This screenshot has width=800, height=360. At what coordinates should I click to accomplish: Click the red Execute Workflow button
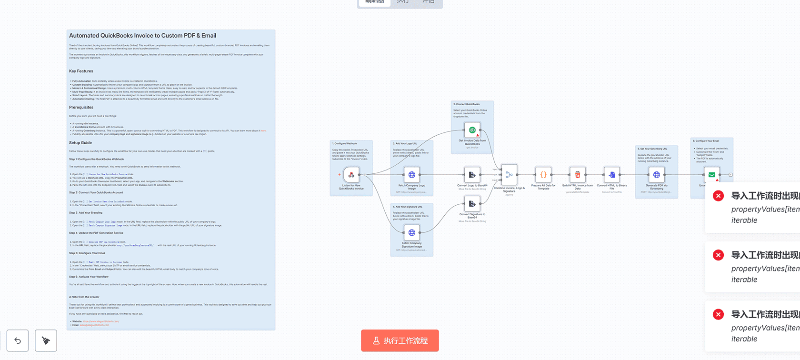click(x=400, y=340)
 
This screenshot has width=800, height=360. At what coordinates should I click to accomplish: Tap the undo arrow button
click(x=18, y=340)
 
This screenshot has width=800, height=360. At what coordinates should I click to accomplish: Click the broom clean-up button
click(x=46, y=340)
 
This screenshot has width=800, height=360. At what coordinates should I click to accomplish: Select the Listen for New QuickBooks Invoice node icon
click(x=351, y=175)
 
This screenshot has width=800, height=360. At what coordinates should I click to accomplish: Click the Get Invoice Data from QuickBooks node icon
click(x=472, y=130)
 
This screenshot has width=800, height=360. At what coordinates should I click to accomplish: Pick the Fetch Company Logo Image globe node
click(x=412, y=175)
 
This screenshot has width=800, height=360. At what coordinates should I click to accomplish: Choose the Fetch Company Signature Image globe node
click(x=412, y=233)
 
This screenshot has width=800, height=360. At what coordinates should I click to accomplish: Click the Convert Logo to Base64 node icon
click(x=472, y=175)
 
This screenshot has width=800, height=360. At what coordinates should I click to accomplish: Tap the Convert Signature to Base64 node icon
click(x=472, y=204)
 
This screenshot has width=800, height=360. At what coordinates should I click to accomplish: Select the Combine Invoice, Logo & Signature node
click(x=509, y=175)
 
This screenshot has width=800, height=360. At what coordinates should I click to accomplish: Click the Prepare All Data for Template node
click(x=543, y=175)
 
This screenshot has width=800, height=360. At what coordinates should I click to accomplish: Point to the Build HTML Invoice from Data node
click(x=578, y=175)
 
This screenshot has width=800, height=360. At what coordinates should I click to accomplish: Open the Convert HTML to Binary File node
click(x=612, y=175)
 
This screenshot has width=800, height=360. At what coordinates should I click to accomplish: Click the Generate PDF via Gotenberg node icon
click(x=657, y=175)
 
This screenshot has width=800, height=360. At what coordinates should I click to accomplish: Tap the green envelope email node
click(x=711, y=175)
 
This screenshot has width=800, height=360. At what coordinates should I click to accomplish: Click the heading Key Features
click(x=81, y=71)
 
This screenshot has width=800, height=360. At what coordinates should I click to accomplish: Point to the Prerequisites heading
click(x=81, y=108)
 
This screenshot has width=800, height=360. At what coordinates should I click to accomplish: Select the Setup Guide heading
click(x=80, y=143)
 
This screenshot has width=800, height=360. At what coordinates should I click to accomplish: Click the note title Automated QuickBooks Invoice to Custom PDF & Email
click(x=142, y=36)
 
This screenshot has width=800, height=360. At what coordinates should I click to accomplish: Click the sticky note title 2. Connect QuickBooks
click(x=467, y=104)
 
